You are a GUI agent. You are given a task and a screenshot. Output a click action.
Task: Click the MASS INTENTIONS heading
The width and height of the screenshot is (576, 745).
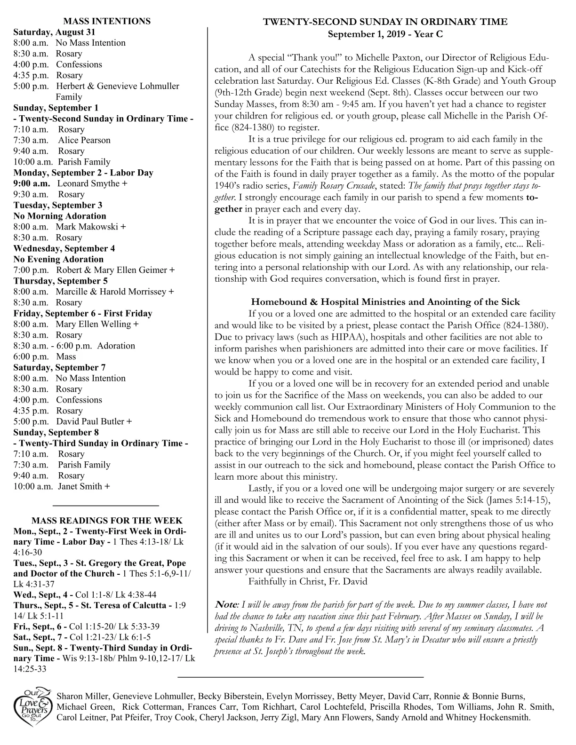click(x=107, y=21)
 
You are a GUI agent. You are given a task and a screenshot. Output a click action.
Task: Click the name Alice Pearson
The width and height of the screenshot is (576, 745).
click(x=84, y=140)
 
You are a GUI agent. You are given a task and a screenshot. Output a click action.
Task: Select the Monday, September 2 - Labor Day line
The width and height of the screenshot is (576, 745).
click(x=83, y=173)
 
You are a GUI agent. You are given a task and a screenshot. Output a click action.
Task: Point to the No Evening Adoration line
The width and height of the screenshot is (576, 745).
click(x=58, y=259)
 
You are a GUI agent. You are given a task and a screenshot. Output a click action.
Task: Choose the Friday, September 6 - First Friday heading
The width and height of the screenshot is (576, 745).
click(x=82, y=313)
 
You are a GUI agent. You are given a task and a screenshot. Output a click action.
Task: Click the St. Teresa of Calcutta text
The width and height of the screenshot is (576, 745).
click(x=125, y=605)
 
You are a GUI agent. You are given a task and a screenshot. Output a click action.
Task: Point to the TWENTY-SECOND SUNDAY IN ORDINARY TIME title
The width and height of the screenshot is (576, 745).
click(x=385, y=22)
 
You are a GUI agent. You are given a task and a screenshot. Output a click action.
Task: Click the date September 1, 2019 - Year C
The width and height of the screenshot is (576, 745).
click(x=385, y=34)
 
